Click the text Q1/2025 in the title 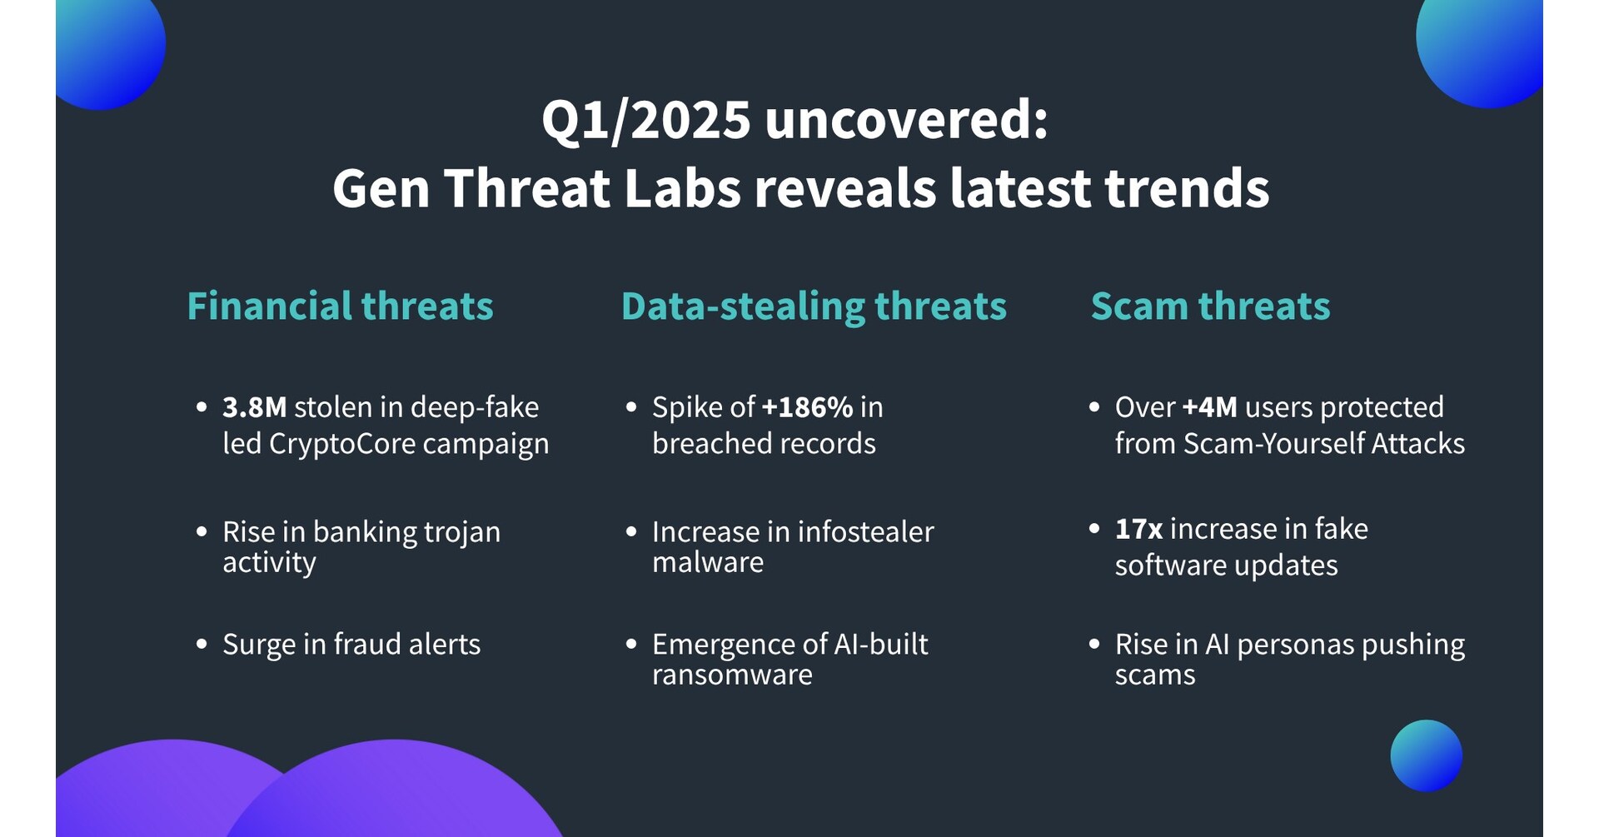point(646,120)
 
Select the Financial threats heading point(340,306)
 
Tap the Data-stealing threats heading point(814,306)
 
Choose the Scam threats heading point(1210,306)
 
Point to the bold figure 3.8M point(254,407)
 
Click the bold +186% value point(807,407)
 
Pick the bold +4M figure point(1209,407)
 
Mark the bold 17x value point(1138,529)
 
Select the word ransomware point(732,675)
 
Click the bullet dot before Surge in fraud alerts point(202,644)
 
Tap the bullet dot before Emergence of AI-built point(631,644)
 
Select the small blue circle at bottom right point(1426,755)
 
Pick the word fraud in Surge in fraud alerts point(366,644)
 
